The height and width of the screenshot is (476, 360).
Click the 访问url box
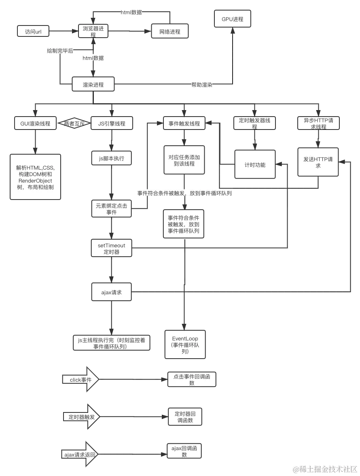pyautogui.click(x=33, y=31)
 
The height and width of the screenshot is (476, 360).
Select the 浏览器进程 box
pyautogui.click(x=93, y=31)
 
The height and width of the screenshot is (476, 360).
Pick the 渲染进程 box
pyautogui.click(x=93, y=85)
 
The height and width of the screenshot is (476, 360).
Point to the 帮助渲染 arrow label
pyautogui.click(x=202, y=85)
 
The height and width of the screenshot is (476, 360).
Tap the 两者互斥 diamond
pyautogui.click(x=74, y=123)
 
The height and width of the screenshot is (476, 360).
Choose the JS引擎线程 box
pyautogui.click(x=112, y=123)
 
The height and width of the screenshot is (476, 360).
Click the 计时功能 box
pyautogui.click(x=255, y=165)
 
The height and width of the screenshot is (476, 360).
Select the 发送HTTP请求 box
pyautogui.click(x=318, y=162)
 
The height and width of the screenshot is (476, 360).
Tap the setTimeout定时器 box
pyautogui.click(x=112, y=249)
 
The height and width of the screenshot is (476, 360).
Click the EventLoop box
pyautogui.click(x=185, y=345)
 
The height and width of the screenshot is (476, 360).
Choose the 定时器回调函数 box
pyautogui.click(x=186, y=417)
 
